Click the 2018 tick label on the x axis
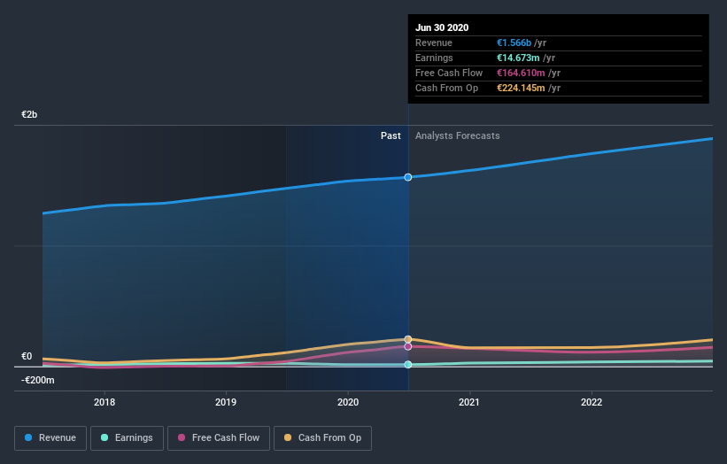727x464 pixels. [x=104, y=402]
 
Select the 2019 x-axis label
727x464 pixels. [x=226, y=402]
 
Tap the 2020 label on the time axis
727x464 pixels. [x=348, y=402]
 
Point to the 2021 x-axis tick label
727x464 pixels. [x=469, y=402]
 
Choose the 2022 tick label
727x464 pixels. [x=591, y=402]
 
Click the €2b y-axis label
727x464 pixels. [x=30, y=115]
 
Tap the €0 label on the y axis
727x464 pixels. [x=27, y=357]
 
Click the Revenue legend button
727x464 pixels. [x=51, y=437]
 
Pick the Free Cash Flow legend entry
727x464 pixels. [x=219, y=437]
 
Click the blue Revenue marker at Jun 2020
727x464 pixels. [x=408, y=177]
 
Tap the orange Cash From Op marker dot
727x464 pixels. [x=408, y=339]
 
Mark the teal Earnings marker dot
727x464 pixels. [x=408, y=365]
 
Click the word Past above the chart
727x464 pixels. [x=391, y=135]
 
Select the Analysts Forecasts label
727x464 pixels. [x=457, y=135]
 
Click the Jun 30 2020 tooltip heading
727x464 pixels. [x=442, y=27]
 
